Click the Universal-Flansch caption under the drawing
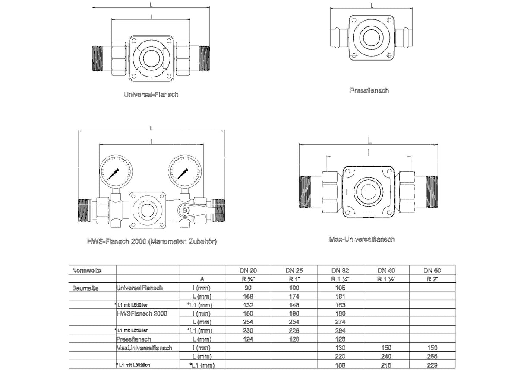(151, 94)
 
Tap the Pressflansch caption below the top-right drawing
(369, 90)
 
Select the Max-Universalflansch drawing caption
(362, 239)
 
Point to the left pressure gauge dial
(116, 171)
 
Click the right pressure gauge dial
(185, 171)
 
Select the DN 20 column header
(248, 270)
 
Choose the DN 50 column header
(432, 270)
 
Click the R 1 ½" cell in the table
(386, 279)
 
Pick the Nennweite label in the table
(87, 271)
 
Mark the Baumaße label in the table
(85, 288)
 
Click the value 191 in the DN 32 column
(340, 297)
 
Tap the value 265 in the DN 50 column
(432, 356)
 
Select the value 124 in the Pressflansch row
(248, 339)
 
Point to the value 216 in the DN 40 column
(386, 365)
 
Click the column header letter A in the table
(202, 279)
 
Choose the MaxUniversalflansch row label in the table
(144, 348)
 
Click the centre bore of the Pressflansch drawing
(371, 37)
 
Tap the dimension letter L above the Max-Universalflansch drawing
(369, 140)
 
